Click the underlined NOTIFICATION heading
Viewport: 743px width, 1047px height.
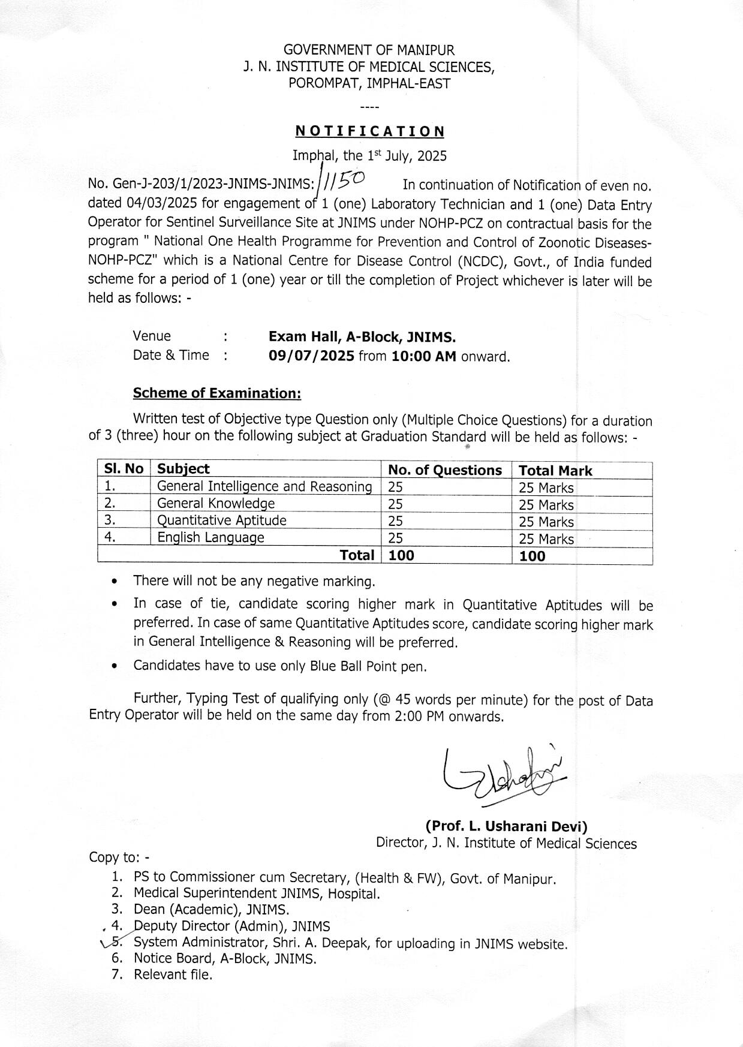point(370,131)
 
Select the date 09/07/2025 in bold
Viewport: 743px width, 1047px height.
point(312,356)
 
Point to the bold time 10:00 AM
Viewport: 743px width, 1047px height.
point(424,356)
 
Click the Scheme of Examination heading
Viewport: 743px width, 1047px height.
point(216,393)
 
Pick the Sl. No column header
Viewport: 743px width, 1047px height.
point(124,469)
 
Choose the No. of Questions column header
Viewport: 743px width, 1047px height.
point(445,470)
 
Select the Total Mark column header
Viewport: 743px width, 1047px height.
point(555,471)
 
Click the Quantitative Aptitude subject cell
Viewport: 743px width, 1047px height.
point(222,521)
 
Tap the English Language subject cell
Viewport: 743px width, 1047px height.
point(210,537)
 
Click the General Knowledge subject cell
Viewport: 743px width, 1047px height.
point(216,504)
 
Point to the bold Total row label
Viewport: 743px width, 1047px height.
point(357,555)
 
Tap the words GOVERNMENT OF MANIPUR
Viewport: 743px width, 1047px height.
point(369,50)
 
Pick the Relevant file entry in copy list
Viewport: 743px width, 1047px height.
point(173,974)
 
